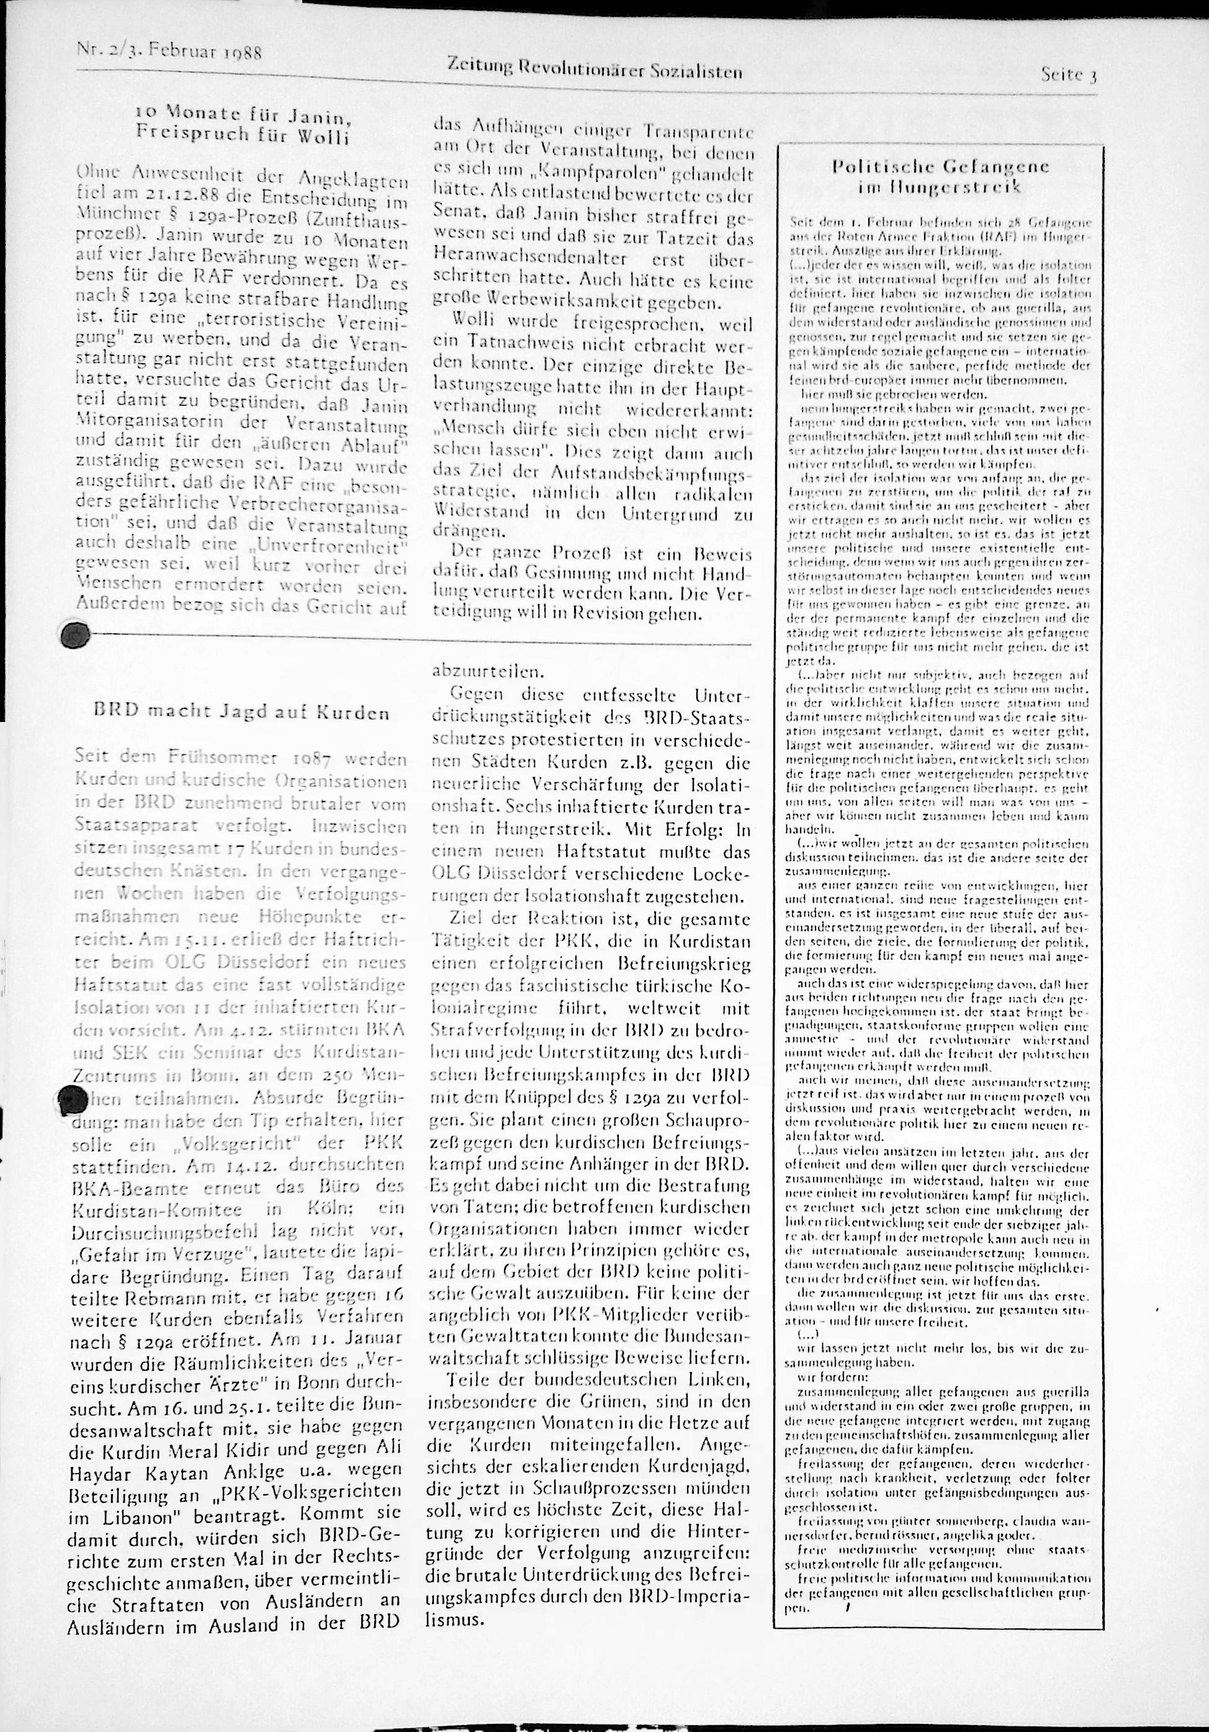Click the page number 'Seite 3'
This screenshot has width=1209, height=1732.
[x=1067, y=74]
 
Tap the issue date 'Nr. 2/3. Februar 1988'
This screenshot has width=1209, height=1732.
[x=169, y=53]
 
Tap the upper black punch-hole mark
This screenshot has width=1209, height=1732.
[x=74, y=635]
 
